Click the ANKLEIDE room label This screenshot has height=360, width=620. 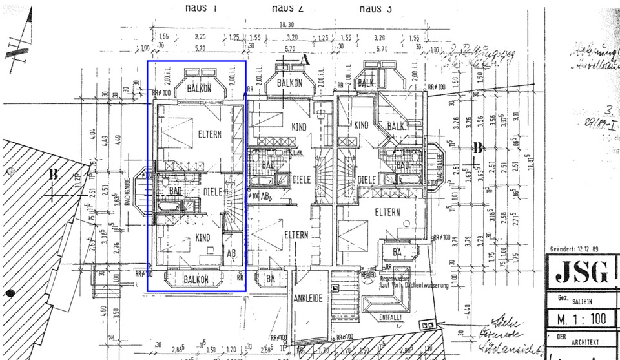tap(308, 299)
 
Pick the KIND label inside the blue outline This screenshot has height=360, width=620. tap(203, 238)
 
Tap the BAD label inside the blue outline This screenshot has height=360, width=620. tap(175, 192)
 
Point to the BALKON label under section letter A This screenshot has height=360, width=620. tap(290, 84)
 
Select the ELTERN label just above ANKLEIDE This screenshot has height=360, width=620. tap(296, 235)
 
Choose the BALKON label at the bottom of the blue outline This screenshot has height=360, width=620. tap(196, 279)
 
